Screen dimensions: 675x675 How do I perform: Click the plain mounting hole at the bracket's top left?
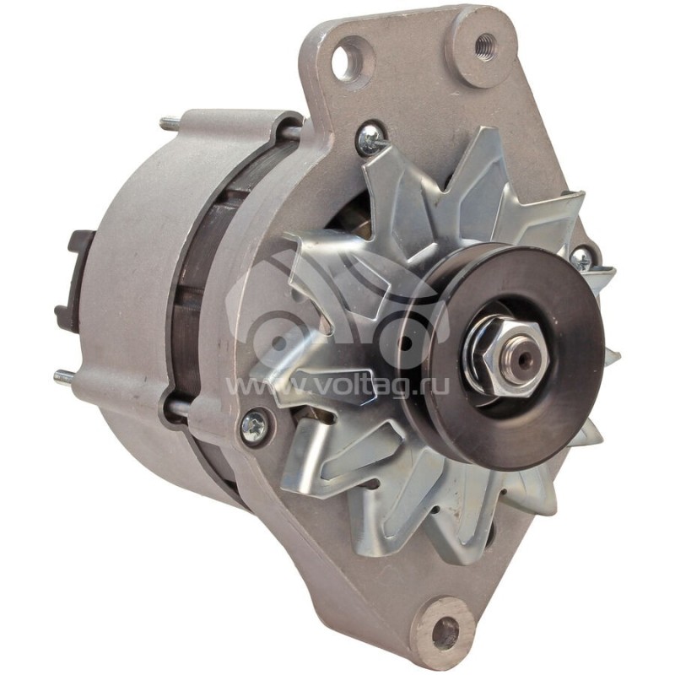tap(347, 61)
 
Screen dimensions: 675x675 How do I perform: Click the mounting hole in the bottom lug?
tap(445, 631)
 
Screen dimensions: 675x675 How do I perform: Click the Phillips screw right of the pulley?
tap(581, 258)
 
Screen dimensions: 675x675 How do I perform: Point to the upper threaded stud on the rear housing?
tap(170, 124)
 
